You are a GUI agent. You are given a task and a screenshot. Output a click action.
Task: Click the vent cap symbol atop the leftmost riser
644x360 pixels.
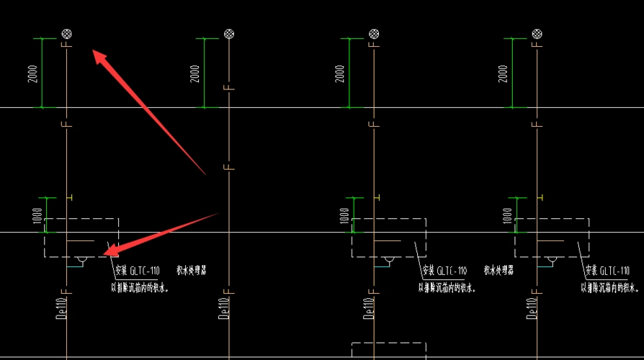[x=66, y=33]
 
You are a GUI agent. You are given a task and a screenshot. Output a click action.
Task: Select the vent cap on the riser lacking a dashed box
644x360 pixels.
[x=228, y=33]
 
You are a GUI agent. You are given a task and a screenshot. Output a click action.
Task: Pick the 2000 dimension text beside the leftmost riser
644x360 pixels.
[x=33, y=73]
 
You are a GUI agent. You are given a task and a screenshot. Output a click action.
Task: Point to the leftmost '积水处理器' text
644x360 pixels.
[x=191, y=271]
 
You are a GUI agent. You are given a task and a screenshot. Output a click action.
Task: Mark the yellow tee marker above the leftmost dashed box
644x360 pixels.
[x=68, y=197]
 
